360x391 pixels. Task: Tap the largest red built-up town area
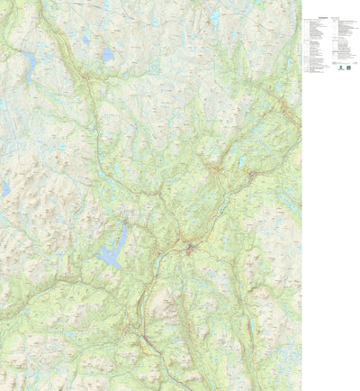click(191, 248)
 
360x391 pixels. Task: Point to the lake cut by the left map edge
click(4, 188)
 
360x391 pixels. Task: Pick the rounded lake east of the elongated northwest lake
click(107, 54)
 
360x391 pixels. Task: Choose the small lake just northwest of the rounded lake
click(86, 39)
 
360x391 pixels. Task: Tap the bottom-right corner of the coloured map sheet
click(301, 390)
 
